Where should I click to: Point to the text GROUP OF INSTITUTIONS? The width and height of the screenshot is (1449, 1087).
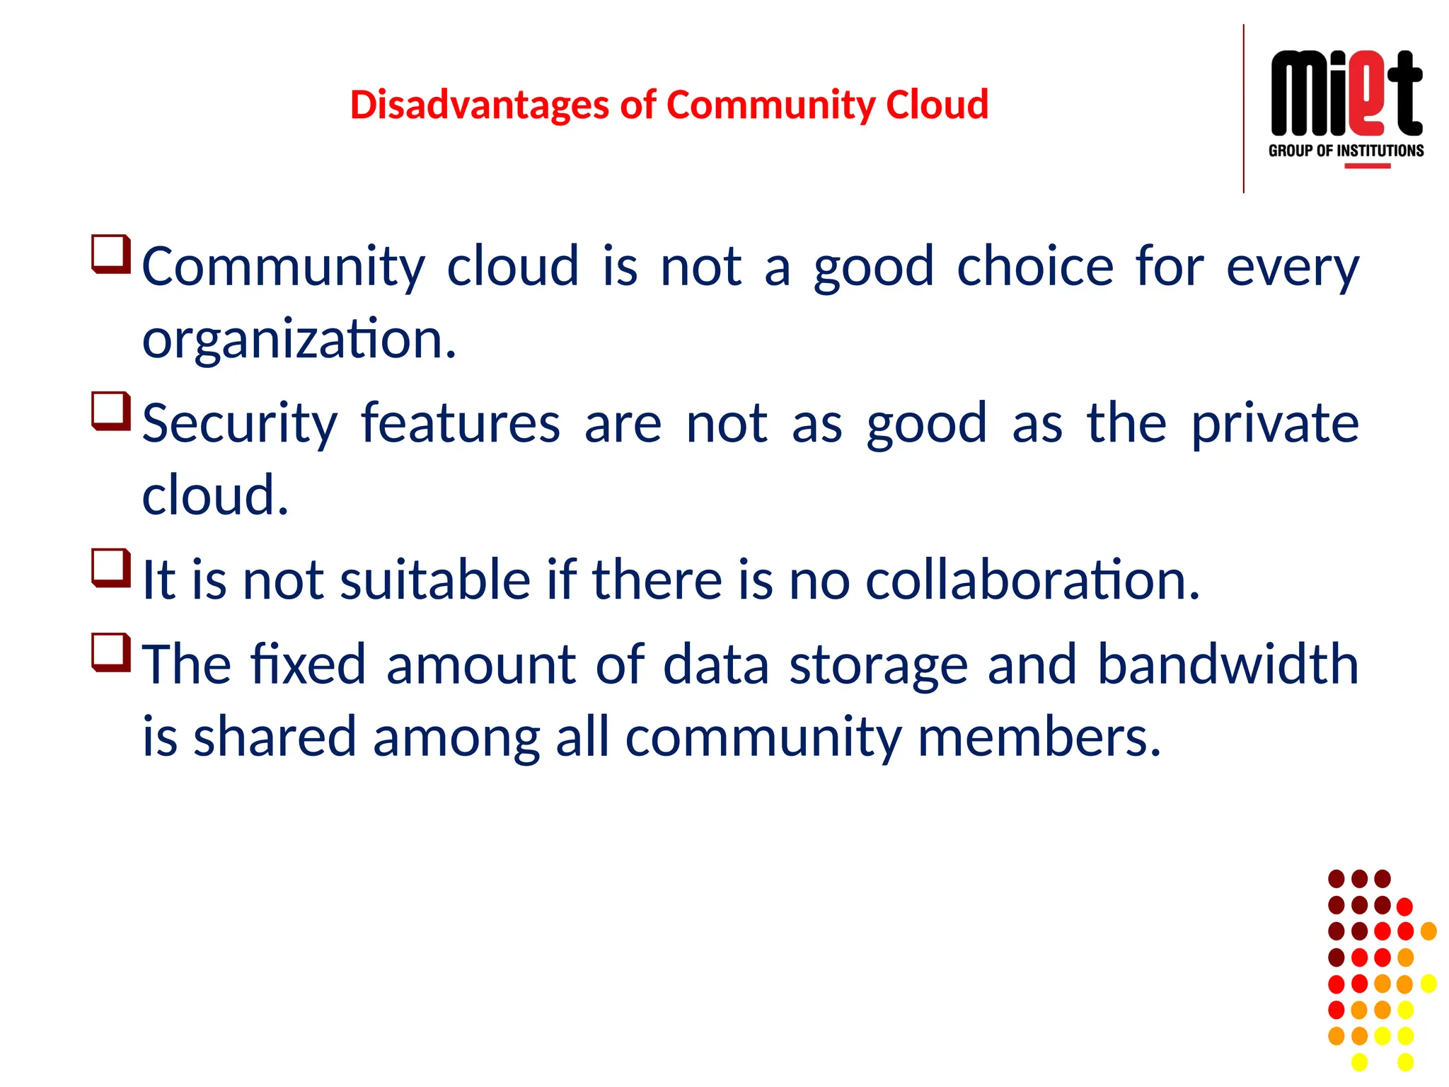coord(1346,151)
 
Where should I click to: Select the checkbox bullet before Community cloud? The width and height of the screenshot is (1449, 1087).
coord(111,254)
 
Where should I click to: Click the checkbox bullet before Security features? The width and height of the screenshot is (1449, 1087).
coord(111,411)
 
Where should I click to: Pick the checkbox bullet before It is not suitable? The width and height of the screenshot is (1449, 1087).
coord(111,568)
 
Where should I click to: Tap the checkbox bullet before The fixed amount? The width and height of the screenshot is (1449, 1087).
coord(111,652)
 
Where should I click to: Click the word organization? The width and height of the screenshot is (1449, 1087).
coord(299,340)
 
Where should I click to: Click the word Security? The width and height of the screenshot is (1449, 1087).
coord(240,424)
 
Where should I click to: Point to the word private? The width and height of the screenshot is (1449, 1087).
coord(1275,424)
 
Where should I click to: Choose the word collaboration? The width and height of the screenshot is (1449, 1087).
coord(1032,580)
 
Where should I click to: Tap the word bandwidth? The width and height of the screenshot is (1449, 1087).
coord(1228,665)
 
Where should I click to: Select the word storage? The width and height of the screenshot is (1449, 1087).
coord(878,666)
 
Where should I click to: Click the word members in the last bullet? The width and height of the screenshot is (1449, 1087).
coord(1039,737)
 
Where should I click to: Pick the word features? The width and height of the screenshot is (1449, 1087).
coord(461,424)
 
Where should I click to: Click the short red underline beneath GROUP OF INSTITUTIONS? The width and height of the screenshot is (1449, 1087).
coord(1367,166)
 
